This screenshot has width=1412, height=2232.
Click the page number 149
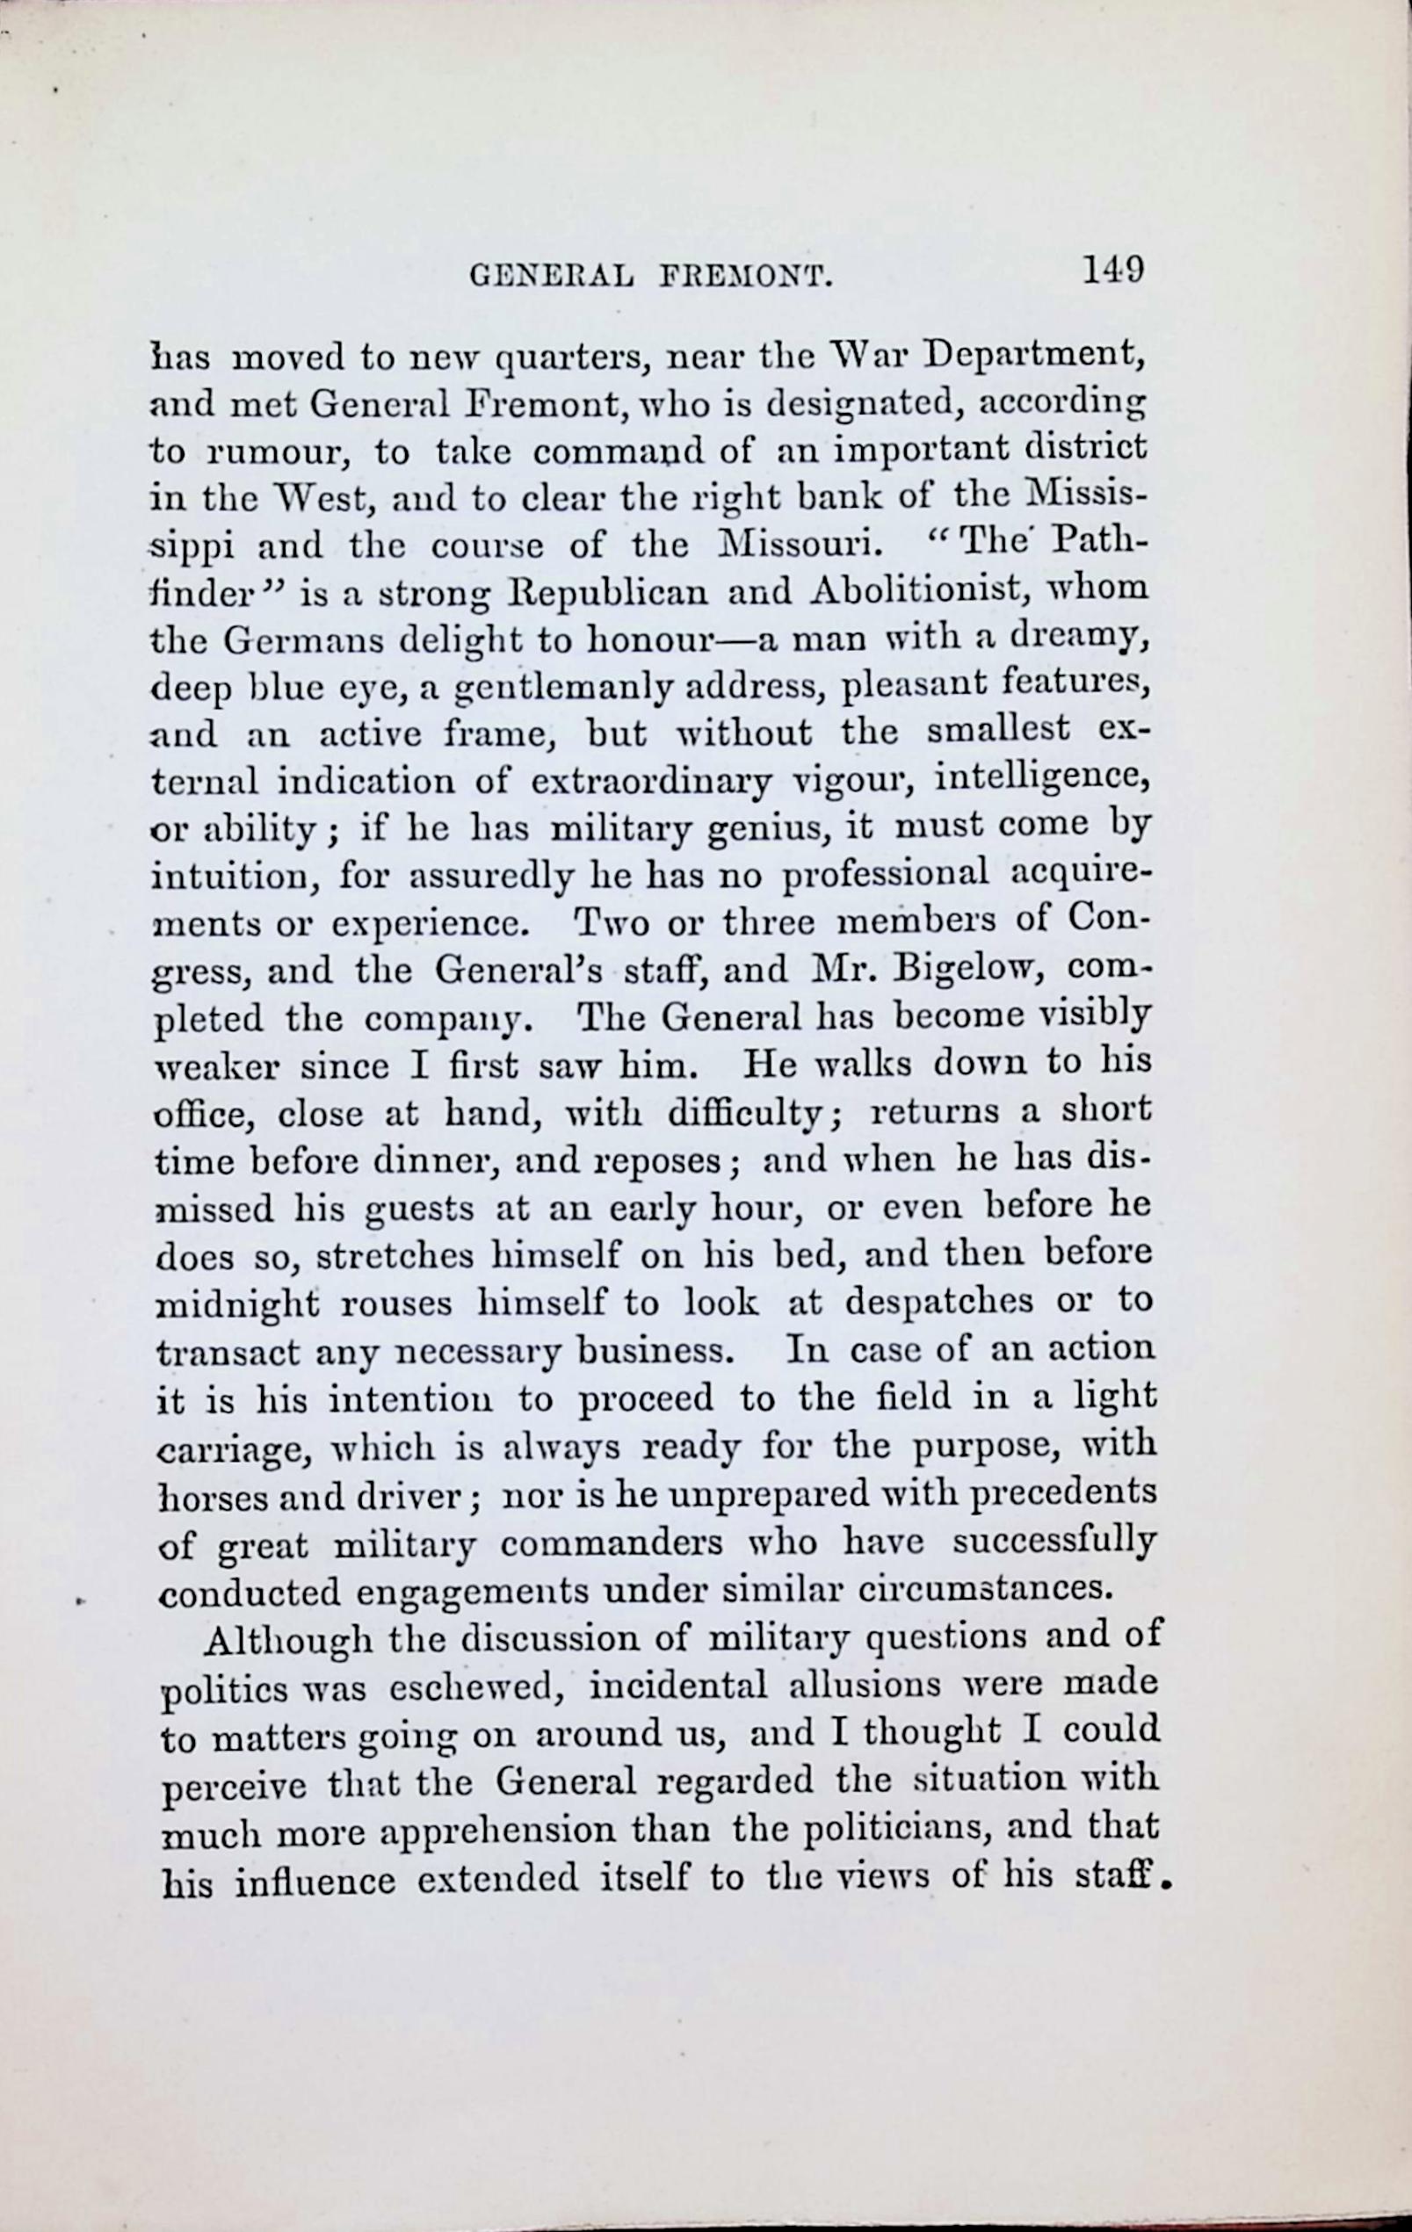pyautogui.click(x=1111, y=270)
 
